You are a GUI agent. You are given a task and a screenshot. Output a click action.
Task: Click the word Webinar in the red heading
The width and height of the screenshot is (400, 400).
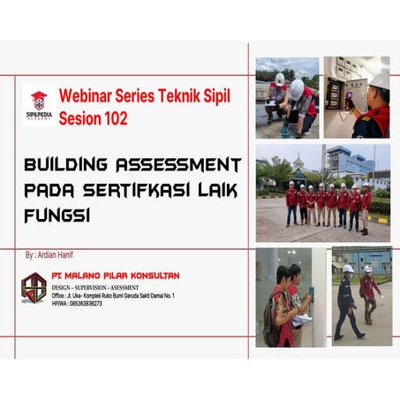(86, 95)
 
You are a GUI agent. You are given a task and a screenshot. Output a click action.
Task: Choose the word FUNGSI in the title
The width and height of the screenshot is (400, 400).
(57, 215)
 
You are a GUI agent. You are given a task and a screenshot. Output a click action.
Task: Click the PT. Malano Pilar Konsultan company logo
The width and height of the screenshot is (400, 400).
(34, 288)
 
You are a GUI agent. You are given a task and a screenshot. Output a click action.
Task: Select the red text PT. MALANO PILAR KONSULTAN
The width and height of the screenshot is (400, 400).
(115, 275)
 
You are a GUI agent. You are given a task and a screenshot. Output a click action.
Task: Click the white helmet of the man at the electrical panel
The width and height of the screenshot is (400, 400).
(379, 81)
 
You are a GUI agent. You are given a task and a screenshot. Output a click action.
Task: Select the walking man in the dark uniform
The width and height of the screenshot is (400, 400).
(346, 301)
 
